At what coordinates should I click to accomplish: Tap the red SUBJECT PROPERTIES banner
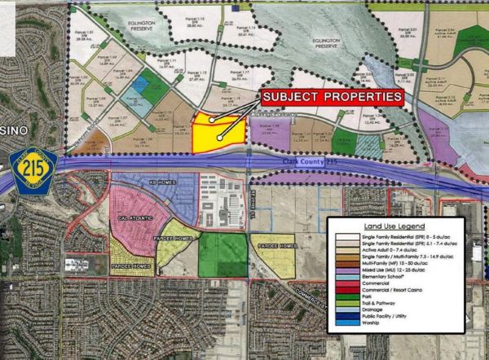click(x=333, y=98)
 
